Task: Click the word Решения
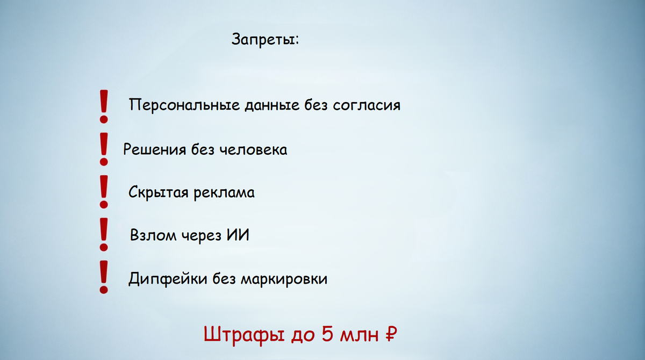click(x=154, y=149)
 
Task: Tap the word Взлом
click(x=153, y=236)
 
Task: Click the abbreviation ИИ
click(x=237, y=235)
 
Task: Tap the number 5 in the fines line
click(x=327, y=335)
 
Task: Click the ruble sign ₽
click(x=391, y=335)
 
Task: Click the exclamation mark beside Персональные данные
click(x=104, y=105)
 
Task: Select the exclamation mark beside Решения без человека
click(x=104, y=148)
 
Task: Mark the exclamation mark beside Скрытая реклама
click(x=104, y=191)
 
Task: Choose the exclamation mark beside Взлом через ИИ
click(x=104, y=234)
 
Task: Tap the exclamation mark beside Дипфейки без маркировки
click(x=104, y=277)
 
